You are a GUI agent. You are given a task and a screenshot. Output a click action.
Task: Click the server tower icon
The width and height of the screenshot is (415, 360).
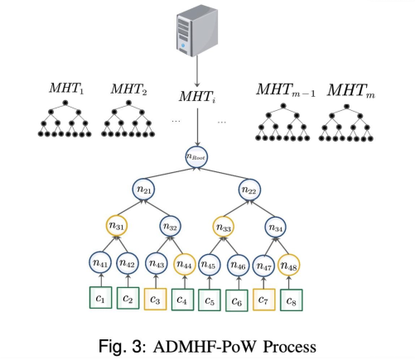pyautogui.click(x=197, y=31)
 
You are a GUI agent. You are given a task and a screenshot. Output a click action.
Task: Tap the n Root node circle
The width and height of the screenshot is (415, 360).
pyautogui.click(x=196, y=156)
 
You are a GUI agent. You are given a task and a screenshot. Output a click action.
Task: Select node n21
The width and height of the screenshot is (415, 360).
pyautogui.click(x=143, y=190)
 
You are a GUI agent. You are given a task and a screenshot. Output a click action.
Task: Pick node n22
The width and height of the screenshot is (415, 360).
pyautogui.click(x=249, y=190)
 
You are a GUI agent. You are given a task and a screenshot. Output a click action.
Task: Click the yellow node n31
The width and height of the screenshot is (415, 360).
pyautogui.click(x=117, y=226)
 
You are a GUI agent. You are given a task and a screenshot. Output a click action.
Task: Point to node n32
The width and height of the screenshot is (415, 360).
pyautogui.click(x=171, y=227)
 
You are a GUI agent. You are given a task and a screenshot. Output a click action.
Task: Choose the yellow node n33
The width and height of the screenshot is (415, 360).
pyautogui.click(x=224, y=227)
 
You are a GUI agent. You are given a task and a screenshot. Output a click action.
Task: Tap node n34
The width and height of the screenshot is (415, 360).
pyautogui.click(x=276, y=228)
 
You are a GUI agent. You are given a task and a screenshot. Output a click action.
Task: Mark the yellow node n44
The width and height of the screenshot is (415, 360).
pyautogui.click(x=185, y=264)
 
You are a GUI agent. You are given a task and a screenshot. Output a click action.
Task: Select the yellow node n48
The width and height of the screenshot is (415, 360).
pyautogui.click(x=289, y=266)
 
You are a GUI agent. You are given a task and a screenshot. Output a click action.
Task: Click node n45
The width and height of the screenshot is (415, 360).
pyautogui.click(x=210, y=265)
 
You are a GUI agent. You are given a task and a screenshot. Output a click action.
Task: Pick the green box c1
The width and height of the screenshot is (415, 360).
pyautogui.click(x=100, y=297)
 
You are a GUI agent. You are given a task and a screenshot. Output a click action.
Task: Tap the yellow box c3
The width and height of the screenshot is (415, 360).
pyautogui.click(x=156, y=299)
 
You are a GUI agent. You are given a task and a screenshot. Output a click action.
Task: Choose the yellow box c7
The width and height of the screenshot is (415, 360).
pyautogui.click(x=264, y=300)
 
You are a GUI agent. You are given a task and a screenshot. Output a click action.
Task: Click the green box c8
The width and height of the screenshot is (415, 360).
pyautogui.click(x=292, y=300)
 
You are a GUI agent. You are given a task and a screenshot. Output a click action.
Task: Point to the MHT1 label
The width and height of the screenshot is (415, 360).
pyautogui.click(x=66, y=89)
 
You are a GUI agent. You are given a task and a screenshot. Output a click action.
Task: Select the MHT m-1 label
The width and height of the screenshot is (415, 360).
pyautogui.click(x=286, y=90)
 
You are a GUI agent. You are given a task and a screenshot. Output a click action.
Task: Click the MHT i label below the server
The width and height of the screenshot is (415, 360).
pyautogui.click(x=197, y=97)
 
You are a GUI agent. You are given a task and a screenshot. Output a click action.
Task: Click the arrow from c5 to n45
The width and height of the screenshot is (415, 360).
pyautogui.click(x=210, y=282)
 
